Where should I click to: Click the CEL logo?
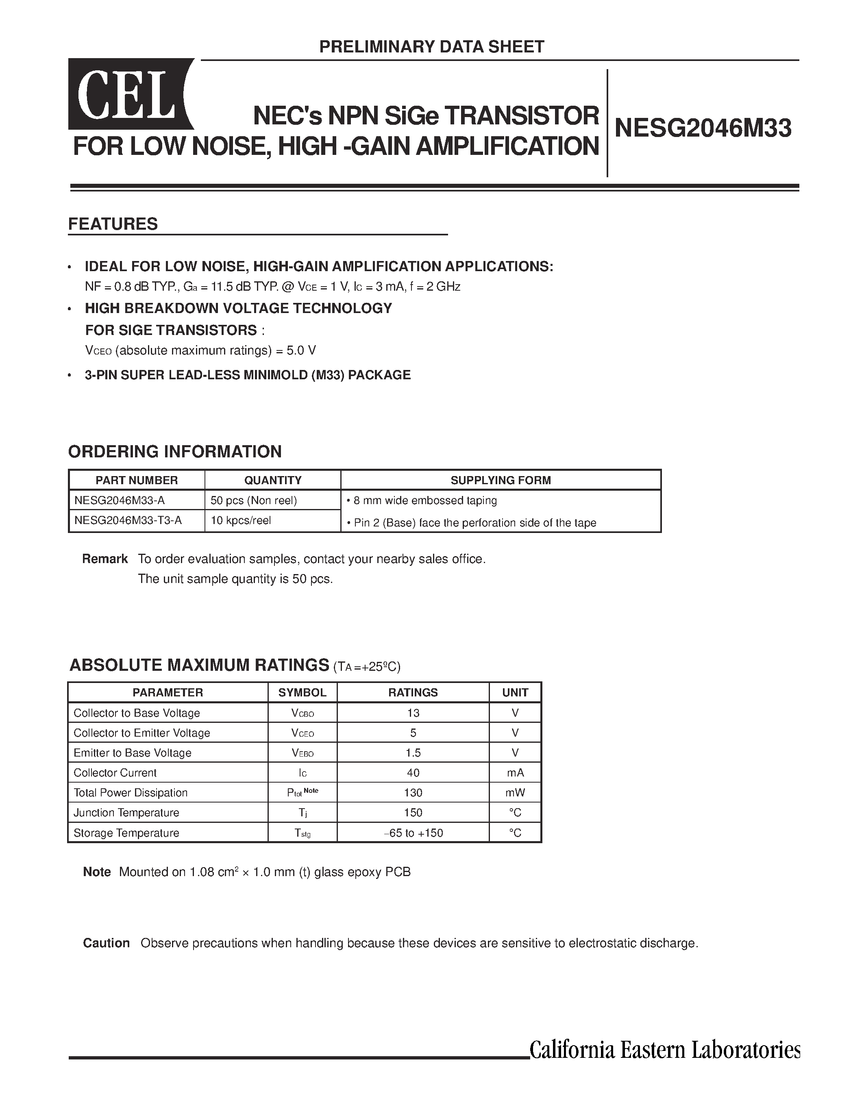tap(130, 94)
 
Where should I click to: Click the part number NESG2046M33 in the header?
tap(703, 128)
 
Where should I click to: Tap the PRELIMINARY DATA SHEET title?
tap(431, 47)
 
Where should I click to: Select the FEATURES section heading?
tap(113, 224)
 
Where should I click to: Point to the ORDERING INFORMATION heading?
tap(175, 452)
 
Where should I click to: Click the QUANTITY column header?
tap(273, 480)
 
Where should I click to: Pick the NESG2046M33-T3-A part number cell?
tap(128, 521)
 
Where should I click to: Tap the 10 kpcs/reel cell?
tap(241, 521)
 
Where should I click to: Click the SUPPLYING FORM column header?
tap(501, 480)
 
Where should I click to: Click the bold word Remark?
tap(105, 559)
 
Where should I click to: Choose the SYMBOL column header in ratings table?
tap(302, 693)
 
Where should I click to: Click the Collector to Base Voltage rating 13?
tap(413, 713)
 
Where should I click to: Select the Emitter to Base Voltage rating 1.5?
tap(413, 753)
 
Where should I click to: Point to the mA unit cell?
tap(515, 773)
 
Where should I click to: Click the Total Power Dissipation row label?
tap(131, 793)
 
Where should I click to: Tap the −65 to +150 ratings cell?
tap(413, 833)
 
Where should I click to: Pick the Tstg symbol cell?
tap(302, 833)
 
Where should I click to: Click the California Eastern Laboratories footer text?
tap(664, 1051)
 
